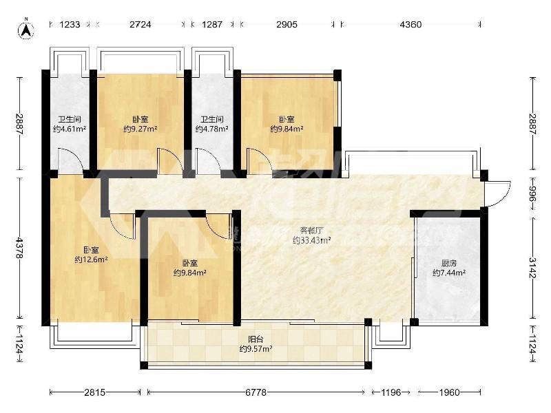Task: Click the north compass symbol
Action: pos(26,29)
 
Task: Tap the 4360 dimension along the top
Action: pos(410,25)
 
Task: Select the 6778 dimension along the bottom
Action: pos(256,392)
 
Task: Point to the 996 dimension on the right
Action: pos(533,193)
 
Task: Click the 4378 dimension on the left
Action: pos(20,248)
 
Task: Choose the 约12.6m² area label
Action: pos(91,260)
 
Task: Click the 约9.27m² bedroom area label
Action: pos(141,129)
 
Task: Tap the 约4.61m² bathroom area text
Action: pos(70,129)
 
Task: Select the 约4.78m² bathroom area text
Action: pos(212,129)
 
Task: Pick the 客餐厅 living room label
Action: pos(311,231)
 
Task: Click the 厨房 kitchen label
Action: pos(449,263)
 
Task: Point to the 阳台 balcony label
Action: pos(256,339)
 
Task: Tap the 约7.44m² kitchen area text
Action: pos(449,273)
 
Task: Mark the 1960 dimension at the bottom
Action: pos(449,392)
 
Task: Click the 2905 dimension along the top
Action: pos(287,25)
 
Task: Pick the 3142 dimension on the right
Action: pos(533,268)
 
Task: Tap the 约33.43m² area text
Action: pos(311,240)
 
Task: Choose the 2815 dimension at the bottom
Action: pos(95,392)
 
